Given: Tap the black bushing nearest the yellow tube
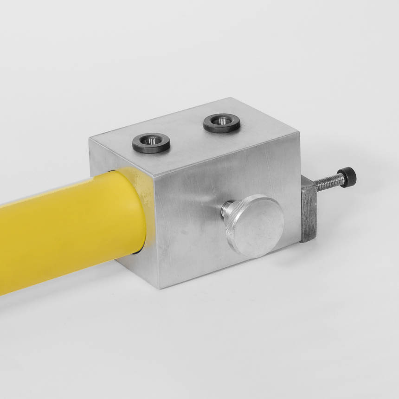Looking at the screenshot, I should coord(151,142).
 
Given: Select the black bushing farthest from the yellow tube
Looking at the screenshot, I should coord(222,123).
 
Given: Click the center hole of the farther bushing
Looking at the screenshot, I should coord(222,120).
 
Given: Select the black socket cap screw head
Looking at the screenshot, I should coord(348,176).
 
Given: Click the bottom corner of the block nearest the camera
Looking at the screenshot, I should coord(161,288).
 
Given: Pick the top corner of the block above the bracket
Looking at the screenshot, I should coord(300,133).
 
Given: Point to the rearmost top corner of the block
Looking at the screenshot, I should coord(230,98).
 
